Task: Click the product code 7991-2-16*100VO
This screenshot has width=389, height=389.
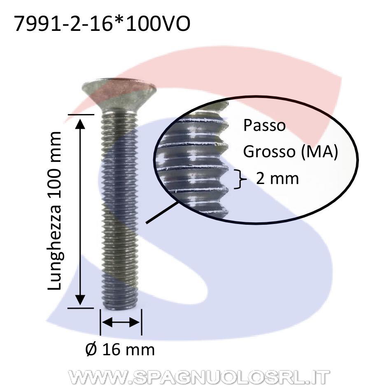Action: (x=102, y=24)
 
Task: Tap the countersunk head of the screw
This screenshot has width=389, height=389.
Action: (x=119, y=95)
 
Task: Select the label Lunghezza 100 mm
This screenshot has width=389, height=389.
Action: (x=54, y=211)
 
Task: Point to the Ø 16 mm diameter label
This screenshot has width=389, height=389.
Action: (x=120, y=349)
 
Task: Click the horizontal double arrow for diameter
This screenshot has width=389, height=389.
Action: (x=121, y=322)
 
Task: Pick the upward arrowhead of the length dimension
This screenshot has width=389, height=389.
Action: (x=80, y=124)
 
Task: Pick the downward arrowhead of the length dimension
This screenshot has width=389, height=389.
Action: (x=80, y=300)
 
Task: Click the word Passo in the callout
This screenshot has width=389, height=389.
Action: (x=264, y=125)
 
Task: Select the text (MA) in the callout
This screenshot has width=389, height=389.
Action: (x=319, y=151)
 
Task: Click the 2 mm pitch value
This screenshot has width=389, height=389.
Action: (x=277, y=178)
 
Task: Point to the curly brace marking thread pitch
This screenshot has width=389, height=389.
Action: (x=240, y=179)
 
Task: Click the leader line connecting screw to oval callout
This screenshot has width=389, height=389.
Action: (x=162, y=212)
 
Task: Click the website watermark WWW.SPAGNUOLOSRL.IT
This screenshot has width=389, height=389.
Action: (x=199, y=377)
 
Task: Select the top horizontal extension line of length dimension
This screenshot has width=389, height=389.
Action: (x=81, y=114)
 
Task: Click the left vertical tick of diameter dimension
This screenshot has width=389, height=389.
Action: (x=100, y=322)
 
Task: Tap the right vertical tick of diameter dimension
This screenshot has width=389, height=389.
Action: (x=142, y=322)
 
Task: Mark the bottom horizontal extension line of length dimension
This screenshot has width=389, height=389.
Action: (x=81, y=308)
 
